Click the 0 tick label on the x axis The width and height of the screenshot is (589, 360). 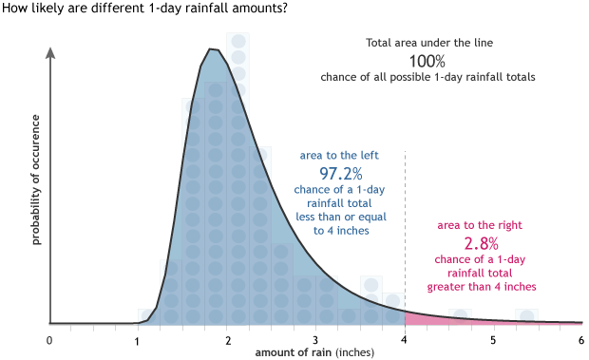[x=49, y=340]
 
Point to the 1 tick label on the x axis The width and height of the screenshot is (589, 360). [x=138, y=340]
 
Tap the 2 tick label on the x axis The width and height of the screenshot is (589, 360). [x=227, y=340]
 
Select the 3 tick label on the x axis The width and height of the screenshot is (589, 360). [x=315, y=340]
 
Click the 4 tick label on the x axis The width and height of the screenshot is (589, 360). [x=405, y=340]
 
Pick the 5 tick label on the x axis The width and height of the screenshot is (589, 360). [x=493, y=340]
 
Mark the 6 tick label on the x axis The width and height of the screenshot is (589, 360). [x=580, y=340]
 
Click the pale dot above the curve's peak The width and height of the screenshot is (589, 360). [x=238, y=42]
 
